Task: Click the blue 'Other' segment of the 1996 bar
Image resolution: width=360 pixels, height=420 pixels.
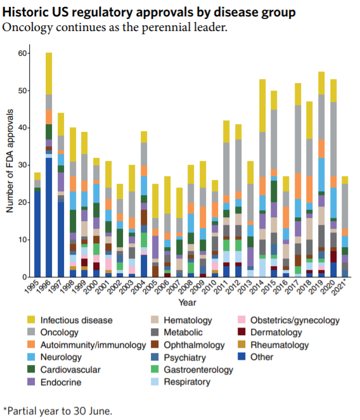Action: click(x=49, y=217)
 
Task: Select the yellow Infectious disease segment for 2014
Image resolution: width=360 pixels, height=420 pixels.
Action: click(x=262, y=106)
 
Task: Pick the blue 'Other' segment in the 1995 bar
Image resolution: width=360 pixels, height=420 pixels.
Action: click(x=37, y=234)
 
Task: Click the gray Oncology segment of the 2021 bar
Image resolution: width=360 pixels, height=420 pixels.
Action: click(x=345, y=207)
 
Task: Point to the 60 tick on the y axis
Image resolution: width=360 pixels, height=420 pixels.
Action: click(x=28, y=54)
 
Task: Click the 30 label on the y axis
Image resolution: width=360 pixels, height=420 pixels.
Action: click(x=22, y=165)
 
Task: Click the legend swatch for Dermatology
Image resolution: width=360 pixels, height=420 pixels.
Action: click(x=241, y=332)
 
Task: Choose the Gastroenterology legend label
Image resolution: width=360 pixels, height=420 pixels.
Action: click(x=198, y=370)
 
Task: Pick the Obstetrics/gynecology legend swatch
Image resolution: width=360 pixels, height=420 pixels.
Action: click(x=241, y=320)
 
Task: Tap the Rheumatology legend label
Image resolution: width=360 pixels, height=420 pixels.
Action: click(x=280, y=345)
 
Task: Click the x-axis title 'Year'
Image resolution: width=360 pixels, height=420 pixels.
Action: click(x=188, y=302)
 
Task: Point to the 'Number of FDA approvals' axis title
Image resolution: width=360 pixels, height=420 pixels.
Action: click(x=10, y=161)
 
